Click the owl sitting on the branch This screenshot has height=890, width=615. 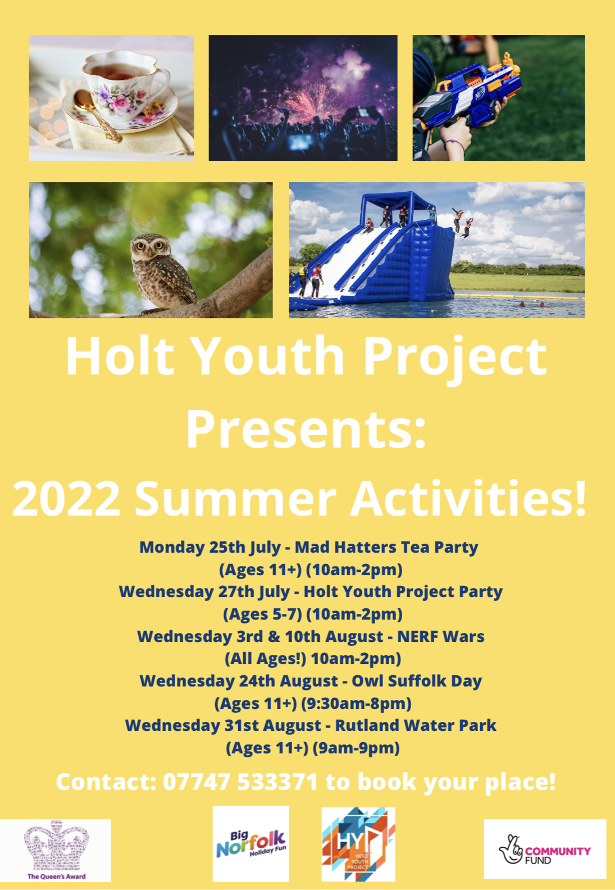(163, 271)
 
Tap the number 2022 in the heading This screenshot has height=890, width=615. (66, 498)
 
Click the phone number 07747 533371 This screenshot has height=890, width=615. (240, 781)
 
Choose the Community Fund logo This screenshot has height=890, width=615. (545, 849)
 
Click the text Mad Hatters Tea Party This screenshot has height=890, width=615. (386, 547)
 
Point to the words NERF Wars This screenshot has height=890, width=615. (441, 636)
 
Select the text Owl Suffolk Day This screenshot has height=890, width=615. (417, 681)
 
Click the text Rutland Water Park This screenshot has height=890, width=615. (416, 725)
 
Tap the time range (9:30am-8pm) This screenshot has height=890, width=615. (356, 704)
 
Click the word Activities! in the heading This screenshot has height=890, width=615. (468, 498)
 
